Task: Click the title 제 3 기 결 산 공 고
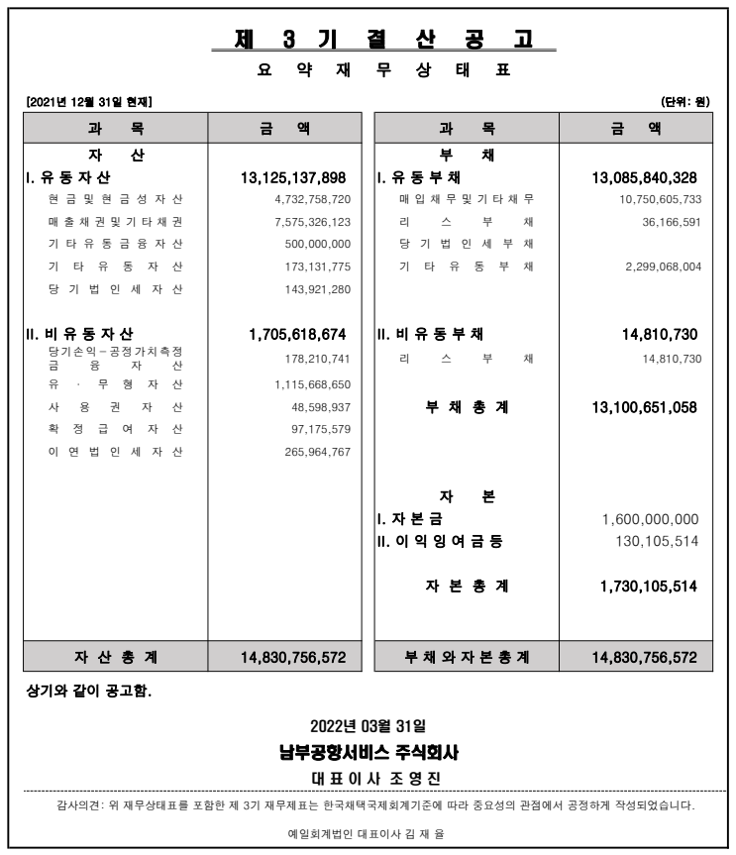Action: (x=383, y=39)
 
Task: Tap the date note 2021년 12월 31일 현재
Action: (x=89, y=101)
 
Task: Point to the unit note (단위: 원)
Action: (x=685, y=101)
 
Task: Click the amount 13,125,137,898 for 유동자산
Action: (x=293, y=178)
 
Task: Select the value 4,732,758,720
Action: (x=312, y=200)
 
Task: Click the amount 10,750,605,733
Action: (x=654, y=200)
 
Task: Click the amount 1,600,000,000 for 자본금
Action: (x=650, y=519)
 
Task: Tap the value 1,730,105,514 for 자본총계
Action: (x=648, y=587)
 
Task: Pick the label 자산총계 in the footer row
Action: (x=115, y=657)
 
